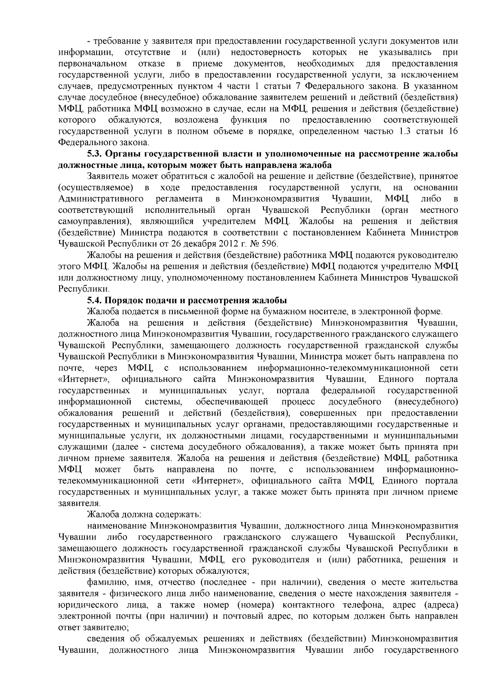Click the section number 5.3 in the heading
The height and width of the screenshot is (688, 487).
[x=95, y=154]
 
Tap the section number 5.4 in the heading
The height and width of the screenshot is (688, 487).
[x=95, y=300]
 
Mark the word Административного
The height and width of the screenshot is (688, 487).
[x=101, y=199]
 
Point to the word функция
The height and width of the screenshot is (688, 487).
[x=249, y=120]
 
